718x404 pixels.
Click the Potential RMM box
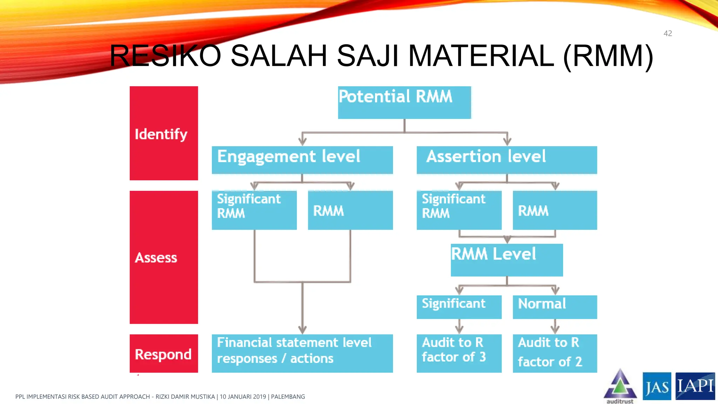[404, 102]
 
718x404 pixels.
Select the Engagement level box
[302, 160]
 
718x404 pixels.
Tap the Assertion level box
[507, 160]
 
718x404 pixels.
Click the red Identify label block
[164, 133]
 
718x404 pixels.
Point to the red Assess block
[164, 257]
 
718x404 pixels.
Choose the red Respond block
[164, 353]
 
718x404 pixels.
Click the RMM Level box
[507, 260]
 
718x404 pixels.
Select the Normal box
[555, 307]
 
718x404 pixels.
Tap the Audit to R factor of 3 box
[459, 353]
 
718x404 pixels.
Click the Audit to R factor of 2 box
[555, 353]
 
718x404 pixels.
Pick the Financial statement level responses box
[302, 353]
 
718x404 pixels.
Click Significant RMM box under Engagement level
[254, 210]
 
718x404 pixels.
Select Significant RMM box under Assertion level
[459, 210]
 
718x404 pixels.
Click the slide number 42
[668, 33]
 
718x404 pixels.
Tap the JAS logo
[657, 386]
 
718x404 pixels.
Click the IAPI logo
[695, 386]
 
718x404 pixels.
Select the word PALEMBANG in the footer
[288, 397]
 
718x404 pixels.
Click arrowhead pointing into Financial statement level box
[302, 330]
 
